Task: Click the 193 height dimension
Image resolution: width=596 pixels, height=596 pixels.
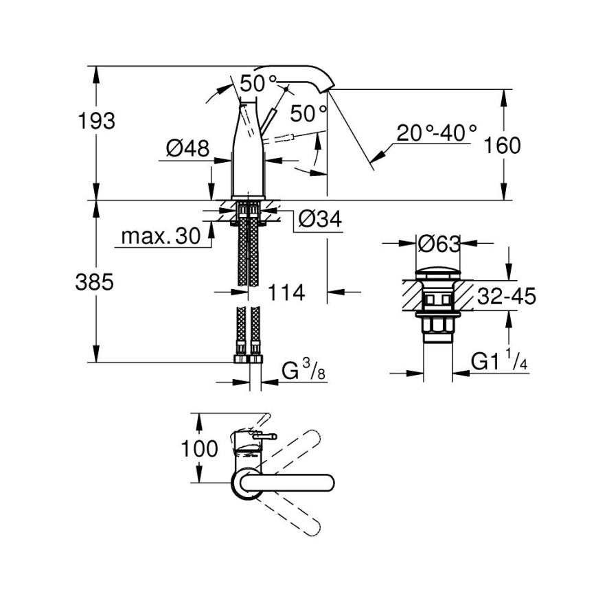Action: point(95,121)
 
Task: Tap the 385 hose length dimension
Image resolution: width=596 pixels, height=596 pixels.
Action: point(94,282)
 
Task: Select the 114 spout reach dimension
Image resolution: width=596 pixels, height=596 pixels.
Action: point(286,293)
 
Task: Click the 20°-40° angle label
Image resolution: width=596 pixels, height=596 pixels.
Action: point(437,132)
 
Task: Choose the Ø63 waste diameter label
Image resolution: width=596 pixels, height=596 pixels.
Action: point(438,243)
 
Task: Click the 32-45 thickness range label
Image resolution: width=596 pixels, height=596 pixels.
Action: point(507,297)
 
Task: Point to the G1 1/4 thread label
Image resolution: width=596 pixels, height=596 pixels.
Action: point(499,360)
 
